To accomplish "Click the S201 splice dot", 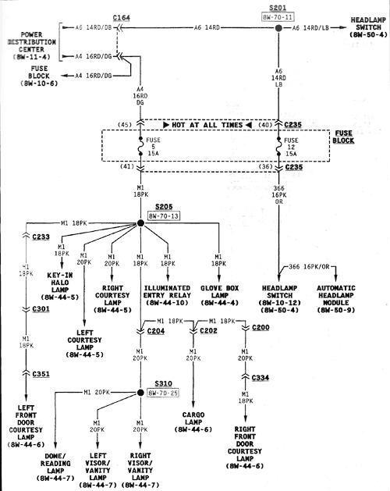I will click(x=278, y=28).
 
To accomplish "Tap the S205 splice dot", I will click(x=141, y=222).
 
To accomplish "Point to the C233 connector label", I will click(x=41, y=237).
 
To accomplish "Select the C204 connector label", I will click(x=155, y=331).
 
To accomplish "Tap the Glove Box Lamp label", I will click(x=218, y=293).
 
